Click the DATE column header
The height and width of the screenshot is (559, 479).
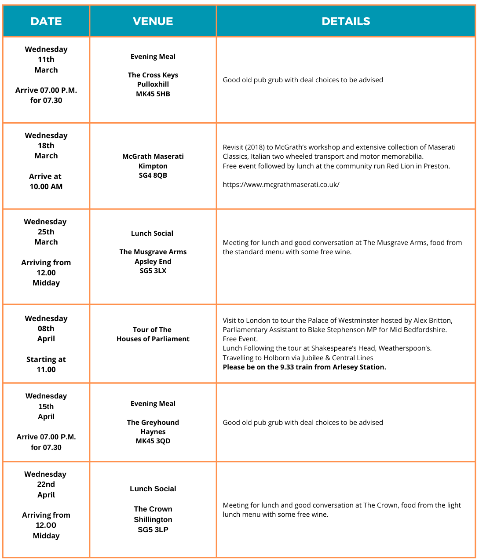click(x=46, y=21)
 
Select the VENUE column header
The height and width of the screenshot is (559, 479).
click(x=153, y=21)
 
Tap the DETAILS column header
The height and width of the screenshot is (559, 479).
click(x=346, y=21)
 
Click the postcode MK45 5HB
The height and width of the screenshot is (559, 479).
click(x=153, y=94)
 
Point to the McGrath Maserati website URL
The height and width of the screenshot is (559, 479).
click(x=281, y=184)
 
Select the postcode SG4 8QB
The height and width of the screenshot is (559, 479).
click(x=153, y=175)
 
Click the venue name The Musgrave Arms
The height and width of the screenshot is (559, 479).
click(x=153, y=252)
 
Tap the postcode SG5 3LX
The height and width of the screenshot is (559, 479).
click(x=153, y=270)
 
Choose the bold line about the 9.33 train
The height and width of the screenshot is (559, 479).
click(x=304, y=367)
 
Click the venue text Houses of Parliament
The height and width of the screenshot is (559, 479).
click(x=153, y=339)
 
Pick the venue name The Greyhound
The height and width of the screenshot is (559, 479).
click(x=153, y=422)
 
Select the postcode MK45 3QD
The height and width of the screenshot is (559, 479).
click(x=153, y=441)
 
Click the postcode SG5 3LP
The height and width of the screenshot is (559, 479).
click(x=153, y=530)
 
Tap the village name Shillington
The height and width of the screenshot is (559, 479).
click(x=153, y=519)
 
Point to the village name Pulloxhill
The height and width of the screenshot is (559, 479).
click(x=153, y=84)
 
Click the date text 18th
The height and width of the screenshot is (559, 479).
click(x=46, y=146)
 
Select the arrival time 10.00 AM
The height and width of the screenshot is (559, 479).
click(x=46, y=186)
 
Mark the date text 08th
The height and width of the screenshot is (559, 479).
click(x=46, y=329)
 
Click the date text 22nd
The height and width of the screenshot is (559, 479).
click(x=46, y=484)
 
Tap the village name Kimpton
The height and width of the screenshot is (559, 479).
click(x=153, y=166)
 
